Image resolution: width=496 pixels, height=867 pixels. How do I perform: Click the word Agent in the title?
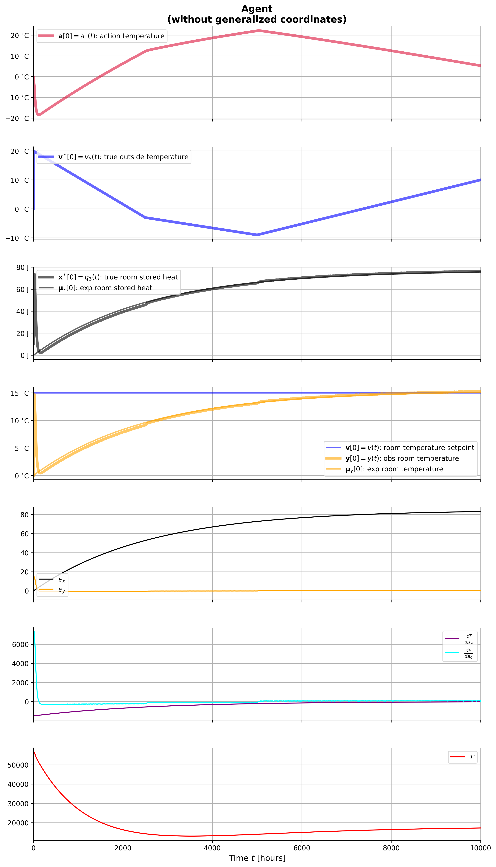click(x=257, y=9)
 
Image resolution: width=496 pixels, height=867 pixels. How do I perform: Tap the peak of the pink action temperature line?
click(x=258, y=31)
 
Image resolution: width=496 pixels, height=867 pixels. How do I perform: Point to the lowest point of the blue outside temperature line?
click(x=257, y=235)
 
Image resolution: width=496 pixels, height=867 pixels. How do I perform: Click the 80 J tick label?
click(x=22, y=268)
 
